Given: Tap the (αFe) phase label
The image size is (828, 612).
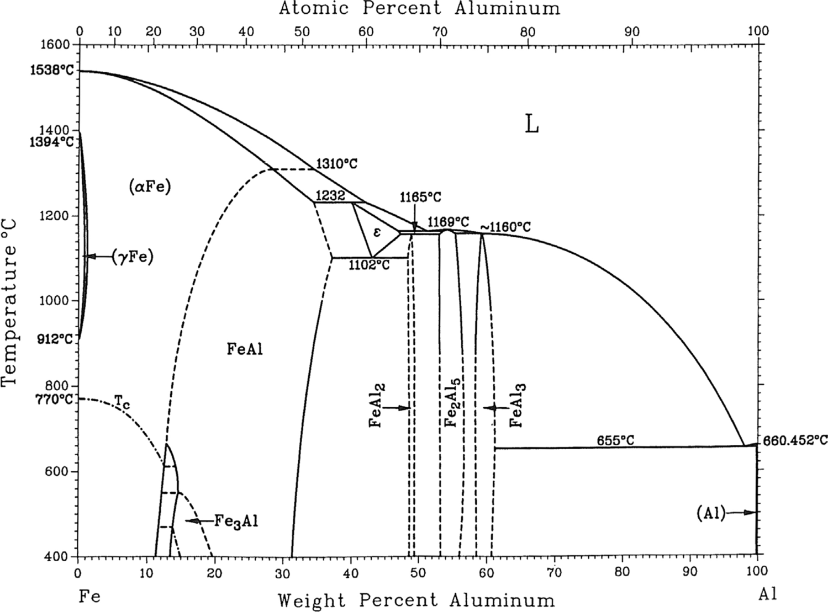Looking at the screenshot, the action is [x=150, y=187].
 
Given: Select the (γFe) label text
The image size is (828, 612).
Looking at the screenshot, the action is [x=132, y=257].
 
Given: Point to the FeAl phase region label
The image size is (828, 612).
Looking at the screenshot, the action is [x=245, y=349].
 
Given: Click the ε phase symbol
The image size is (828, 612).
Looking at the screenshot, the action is [x=377, y=232].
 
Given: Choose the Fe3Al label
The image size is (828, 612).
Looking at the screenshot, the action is [x=236, y=521].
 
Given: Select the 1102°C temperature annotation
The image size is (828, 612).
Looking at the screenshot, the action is [x=369, y=265].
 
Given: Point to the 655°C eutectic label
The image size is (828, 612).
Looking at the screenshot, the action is [x=615, y=440].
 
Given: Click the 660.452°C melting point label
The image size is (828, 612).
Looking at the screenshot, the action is [x=795, y=440].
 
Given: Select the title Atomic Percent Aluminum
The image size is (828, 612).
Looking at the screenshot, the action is [x=419, y=8].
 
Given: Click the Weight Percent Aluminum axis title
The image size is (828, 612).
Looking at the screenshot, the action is [x=415, y=600].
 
